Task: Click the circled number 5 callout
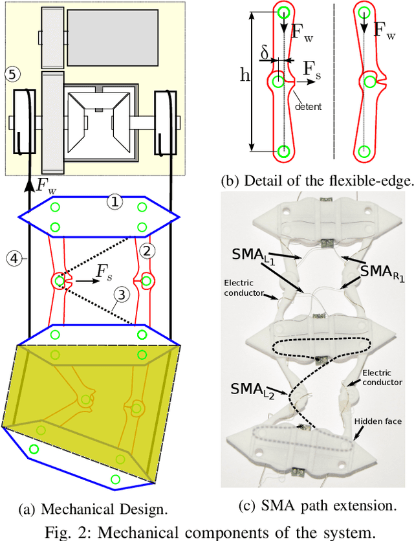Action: click(11, 73)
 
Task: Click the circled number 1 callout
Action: click(114, 202)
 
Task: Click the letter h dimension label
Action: click(243, 76)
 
